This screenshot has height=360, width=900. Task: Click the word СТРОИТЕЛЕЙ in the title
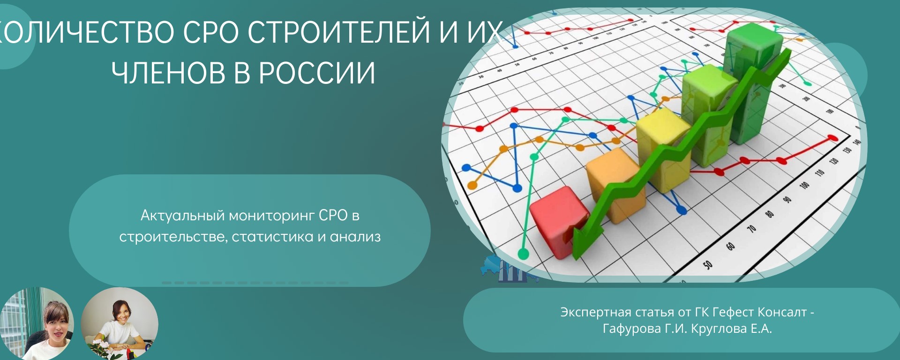point(338,32)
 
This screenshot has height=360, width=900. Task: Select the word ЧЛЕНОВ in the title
point(168,73)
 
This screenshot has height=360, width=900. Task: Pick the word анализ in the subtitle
point(355,237)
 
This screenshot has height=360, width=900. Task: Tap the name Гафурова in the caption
point(631,329)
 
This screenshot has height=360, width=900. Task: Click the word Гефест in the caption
point(733,312)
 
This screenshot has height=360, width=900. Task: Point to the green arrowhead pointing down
point(586,240)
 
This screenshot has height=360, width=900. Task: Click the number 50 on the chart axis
point(708,265)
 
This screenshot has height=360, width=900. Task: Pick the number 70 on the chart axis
point(751,229)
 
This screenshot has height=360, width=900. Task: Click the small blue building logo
point(510,269)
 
